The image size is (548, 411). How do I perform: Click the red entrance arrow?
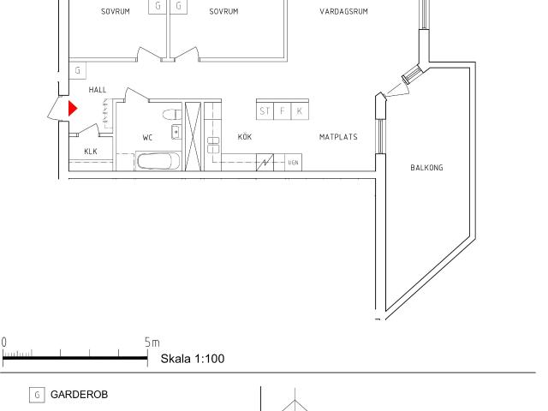coord(72,109)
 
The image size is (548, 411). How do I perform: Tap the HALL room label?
coord(98,90)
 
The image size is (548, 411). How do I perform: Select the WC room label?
coord(147,137)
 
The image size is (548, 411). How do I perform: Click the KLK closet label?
coord(91,152)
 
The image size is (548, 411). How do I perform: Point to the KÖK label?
coord(245,136)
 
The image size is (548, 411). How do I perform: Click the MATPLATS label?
coord(338,137)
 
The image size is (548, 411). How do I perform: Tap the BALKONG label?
coord(426,168)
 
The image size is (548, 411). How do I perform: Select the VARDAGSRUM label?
coord(343,11)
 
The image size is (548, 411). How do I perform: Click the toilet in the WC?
coord(172,114)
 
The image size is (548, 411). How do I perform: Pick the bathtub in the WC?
coord(158,161)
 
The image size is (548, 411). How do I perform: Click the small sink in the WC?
coord(176,132)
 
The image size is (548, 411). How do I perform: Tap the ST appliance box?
coord(265,111)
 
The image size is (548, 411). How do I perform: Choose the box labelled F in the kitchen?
coord(283,111)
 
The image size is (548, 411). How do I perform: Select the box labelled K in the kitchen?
coord(300,111)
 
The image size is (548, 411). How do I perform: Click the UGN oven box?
coord(293,163)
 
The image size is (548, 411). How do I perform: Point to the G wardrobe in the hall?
coord(78,70)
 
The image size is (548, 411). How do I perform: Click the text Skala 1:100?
coord(193,359)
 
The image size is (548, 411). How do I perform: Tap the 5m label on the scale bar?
coord(152,342)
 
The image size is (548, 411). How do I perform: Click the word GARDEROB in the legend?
coord(79,395)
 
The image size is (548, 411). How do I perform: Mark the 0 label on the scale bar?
coord(3,342)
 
